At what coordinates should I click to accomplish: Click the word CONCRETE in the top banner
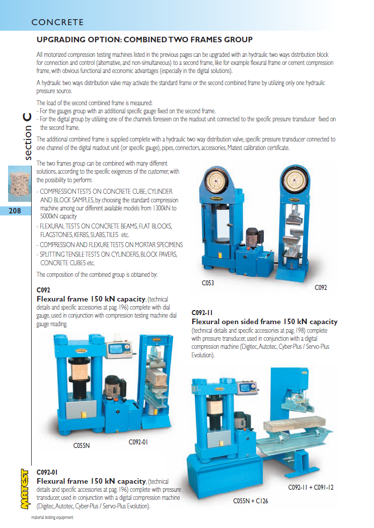(57, 22)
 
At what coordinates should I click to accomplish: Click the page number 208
(15, 211)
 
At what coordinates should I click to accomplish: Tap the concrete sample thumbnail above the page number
(20, 184)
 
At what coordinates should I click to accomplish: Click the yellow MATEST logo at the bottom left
(25, 489)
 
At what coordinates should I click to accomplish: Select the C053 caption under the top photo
(208, 283)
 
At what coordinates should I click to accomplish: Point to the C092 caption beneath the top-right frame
(321, 287)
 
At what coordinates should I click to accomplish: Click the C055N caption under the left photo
(82, 445)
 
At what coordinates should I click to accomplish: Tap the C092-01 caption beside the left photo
(138, 442)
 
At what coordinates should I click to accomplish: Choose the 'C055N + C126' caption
(251, 501)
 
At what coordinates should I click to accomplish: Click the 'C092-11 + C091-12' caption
(311, 487)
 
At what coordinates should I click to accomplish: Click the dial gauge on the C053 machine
(216, 181)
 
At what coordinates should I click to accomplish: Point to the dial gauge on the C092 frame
(295, 180)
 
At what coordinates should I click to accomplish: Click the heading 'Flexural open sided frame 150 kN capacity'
(265, 322)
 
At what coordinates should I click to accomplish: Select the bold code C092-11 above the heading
(202, 313)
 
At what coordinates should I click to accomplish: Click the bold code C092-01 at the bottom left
(47, 472)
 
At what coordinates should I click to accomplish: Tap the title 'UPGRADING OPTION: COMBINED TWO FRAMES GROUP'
(144, 40)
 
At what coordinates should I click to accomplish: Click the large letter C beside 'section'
(27, 117)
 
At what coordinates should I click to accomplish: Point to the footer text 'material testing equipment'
(52, 517)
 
